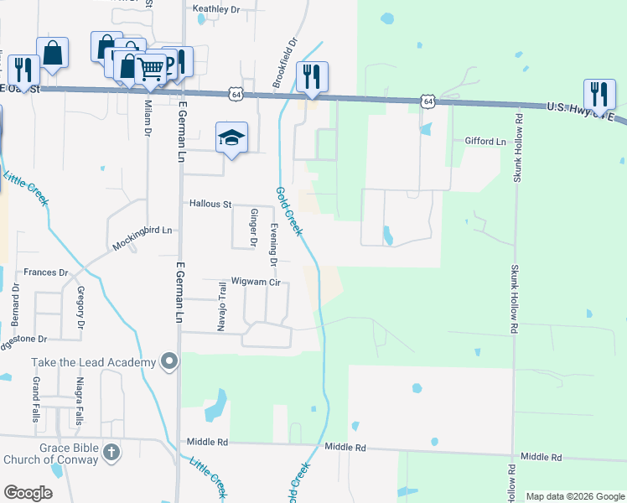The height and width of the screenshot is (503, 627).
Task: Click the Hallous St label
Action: coord(210,204)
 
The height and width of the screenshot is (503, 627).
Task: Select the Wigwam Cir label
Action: coord(256,283)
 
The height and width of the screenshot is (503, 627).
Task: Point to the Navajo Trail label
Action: coord(223,307)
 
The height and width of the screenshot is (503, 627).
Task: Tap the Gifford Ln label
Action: coord(486,142)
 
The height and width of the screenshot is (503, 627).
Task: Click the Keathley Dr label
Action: coord(217,9)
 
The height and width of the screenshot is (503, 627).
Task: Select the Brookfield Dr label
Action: coord(285,62)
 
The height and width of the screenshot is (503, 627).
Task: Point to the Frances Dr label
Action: coord(45,272)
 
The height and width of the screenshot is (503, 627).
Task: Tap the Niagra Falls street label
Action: coord(80,404)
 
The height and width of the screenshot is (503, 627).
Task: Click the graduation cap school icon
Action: coord(232,137)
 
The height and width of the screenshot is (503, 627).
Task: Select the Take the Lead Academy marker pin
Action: coord(170,361)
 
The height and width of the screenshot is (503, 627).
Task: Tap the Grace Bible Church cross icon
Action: coord(111,454)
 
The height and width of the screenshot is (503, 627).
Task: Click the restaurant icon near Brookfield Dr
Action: coord(312,76)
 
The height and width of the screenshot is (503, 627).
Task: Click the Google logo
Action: coord(28,493)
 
